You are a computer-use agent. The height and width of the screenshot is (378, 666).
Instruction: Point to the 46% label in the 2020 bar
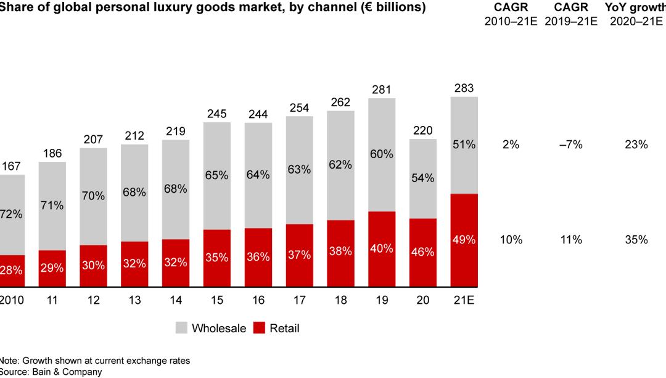pos(423,252)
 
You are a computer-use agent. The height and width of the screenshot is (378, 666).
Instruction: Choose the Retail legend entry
pos(277,329)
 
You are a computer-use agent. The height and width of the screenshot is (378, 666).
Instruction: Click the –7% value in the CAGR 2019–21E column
pos(572,145)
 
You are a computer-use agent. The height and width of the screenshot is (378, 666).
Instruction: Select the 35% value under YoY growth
pos(636,240)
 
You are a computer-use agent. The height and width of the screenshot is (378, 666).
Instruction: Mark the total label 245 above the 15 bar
pos(216,114)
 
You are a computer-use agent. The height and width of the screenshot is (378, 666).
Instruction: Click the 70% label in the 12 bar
pos(93,196)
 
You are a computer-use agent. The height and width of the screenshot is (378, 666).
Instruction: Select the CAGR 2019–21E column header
pos(572,14)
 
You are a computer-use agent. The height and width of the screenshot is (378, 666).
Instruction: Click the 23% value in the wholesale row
pos(636,145)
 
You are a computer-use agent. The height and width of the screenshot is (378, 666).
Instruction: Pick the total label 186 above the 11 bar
pos(52,153)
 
